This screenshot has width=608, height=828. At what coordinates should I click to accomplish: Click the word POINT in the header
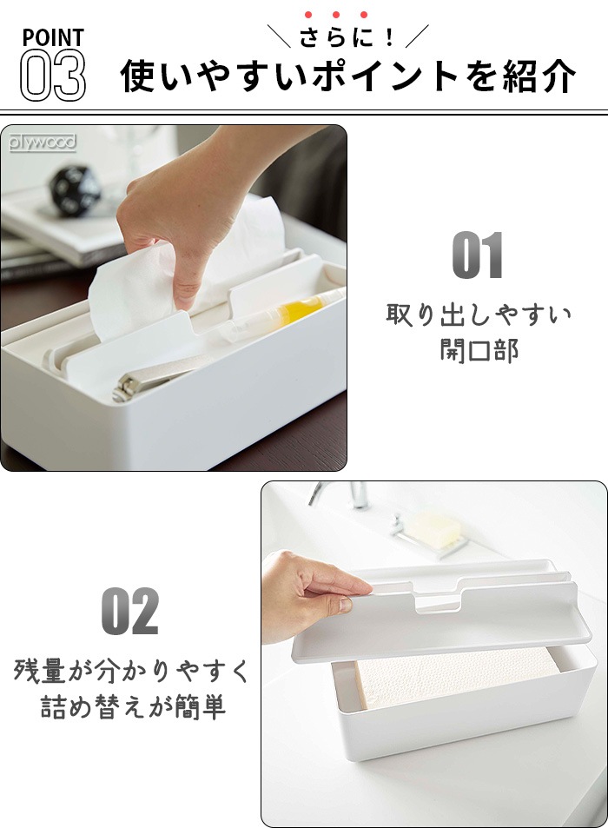click(x=53, y=37)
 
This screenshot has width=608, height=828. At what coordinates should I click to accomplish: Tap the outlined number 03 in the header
click(x=53, y=75)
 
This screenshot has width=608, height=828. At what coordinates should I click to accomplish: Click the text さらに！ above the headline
click(x=347, y=37)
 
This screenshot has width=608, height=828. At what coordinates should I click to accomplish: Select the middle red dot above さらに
click(x=336, y=15)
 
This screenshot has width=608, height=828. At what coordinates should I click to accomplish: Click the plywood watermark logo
click(x=43, y=142)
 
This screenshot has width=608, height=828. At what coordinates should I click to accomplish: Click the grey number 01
click(x=477, y=255)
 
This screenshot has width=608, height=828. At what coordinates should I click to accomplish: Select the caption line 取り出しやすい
click(x=479, y=315)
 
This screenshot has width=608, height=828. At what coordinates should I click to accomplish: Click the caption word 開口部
click(x=479, y=350)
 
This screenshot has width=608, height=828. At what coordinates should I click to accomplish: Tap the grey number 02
click(x=129, y=611)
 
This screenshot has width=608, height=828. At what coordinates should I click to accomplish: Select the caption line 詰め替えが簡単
click(x=134, y=707)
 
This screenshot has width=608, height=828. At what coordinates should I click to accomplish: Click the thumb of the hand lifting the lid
click(x=346, y=605)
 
